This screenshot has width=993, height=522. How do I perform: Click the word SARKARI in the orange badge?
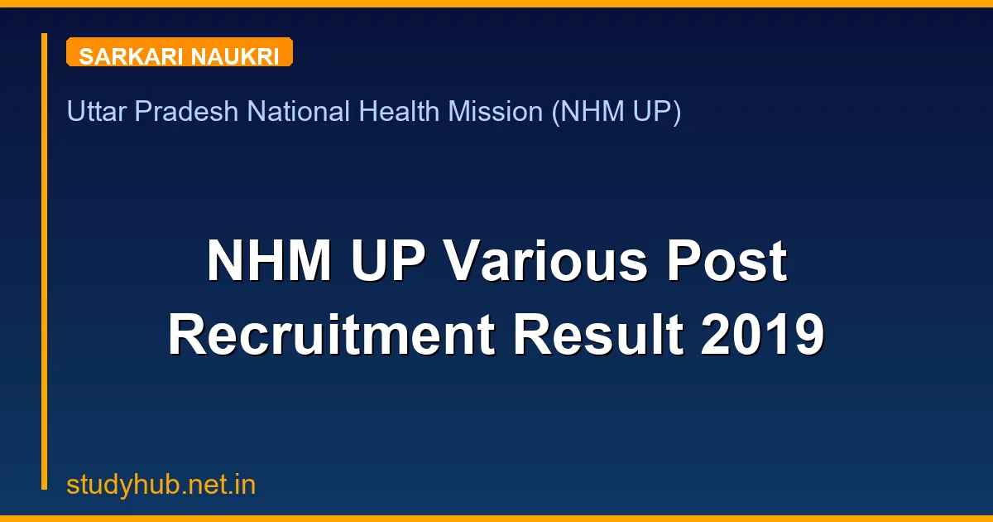tap(132, 56)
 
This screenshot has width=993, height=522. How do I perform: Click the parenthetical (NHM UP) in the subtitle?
tap(616, 111)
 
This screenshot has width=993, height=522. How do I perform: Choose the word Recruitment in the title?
tap(331, 336)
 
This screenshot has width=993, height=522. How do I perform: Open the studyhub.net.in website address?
tap(161, 485)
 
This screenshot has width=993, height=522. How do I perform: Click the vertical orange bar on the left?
tap(45, 261)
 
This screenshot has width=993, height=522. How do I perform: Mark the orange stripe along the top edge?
tap(496, 3)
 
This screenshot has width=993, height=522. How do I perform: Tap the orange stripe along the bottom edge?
tap(496, 519)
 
